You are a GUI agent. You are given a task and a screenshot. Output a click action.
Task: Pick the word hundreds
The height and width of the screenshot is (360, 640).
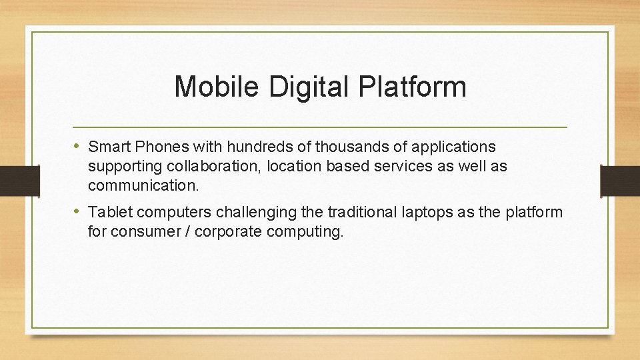pos(251,147)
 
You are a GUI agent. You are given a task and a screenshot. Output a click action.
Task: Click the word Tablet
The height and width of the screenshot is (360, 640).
pos(108,213)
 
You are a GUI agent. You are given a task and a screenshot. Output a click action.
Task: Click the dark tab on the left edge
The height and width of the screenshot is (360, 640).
pos(10,180)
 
